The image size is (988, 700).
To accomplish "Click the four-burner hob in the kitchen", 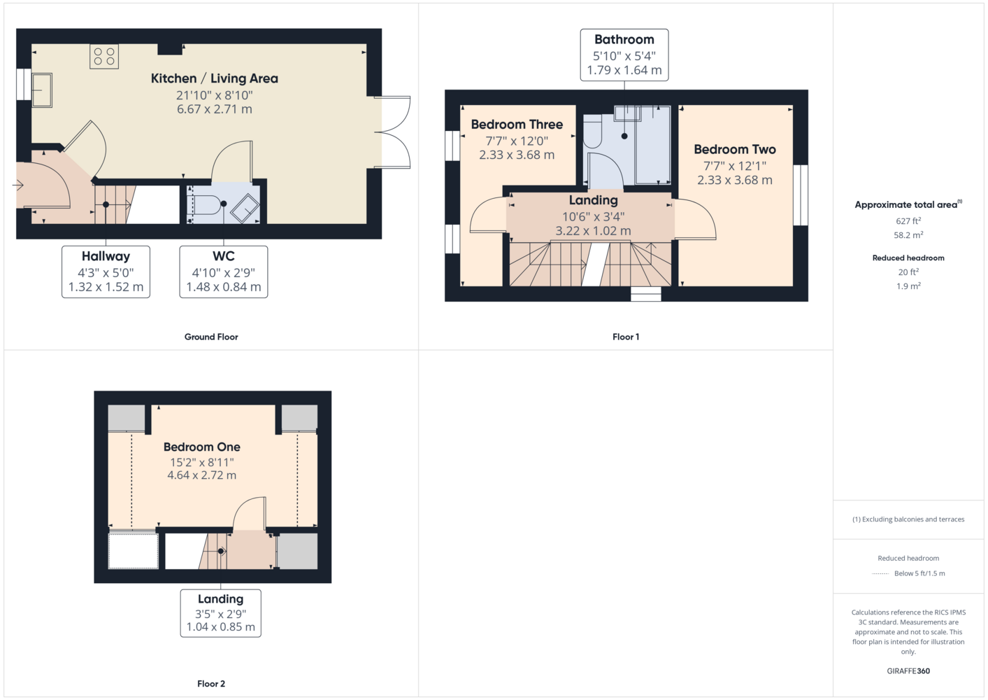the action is (x=104, y=57).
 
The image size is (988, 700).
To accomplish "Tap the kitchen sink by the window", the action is (x=42, y=90).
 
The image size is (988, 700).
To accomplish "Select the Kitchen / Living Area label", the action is (x=215, y=78).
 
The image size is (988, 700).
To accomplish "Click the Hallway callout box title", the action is (x=106, y=256).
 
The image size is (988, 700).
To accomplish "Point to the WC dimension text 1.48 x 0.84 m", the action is (x=224, y=287).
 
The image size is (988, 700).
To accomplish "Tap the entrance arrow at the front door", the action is (x=17, y=185).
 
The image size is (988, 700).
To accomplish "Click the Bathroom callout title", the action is (x=624, y=40).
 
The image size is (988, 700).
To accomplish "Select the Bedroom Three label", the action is (x=517, y=125).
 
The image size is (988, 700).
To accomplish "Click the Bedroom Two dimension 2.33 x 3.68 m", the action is (x=735, y=180).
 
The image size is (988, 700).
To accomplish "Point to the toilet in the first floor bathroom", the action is (x=592, y=131).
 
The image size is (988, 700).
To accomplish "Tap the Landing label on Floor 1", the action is (x=593, y=200).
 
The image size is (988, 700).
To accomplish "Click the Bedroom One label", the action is (x=202, y=447).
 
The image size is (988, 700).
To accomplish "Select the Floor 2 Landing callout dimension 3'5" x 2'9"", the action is (x=220, y=614).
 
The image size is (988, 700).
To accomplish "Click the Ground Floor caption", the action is (x=211, y=337).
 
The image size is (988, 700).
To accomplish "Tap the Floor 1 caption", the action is (x=626, y=337).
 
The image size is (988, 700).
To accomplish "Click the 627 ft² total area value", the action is (x=908, y=220).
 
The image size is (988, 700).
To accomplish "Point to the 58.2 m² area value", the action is (x=908, y=235).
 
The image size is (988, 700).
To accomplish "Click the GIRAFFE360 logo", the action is (x=908, y=671).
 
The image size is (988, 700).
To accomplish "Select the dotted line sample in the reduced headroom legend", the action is (x=880, y=574).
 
